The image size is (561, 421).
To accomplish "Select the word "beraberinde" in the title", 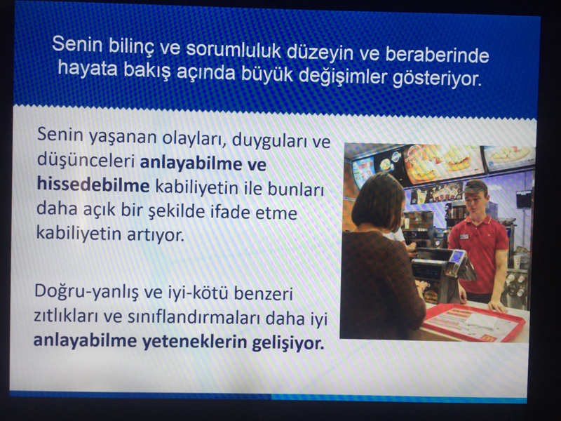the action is point(437,55).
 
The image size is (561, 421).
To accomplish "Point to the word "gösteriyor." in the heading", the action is point(437,79).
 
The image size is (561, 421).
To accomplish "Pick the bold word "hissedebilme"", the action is point(93,185).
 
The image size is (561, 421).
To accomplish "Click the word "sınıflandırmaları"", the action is point(193,318).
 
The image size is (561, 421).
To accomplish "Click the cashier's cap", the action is point(474,186).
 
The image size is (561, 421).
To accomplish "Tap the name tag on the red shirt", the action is point(464,236).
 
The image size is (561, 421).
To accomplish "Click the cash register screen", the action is point(457,256).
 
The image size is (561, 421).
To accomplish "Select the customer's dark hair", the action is point(378,202).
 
